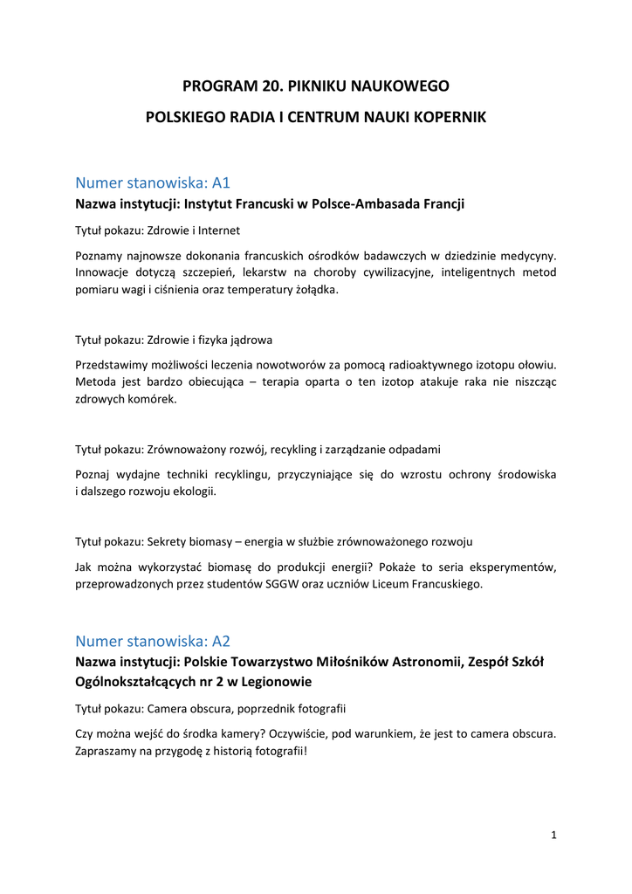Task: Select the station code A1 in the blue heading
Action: click(221, 183)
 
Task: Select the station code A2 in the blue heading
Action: click(221, 642)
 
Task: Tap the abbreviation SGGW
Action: click(284, 583)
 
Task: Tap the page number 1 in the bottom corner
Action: click(553, 836)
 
